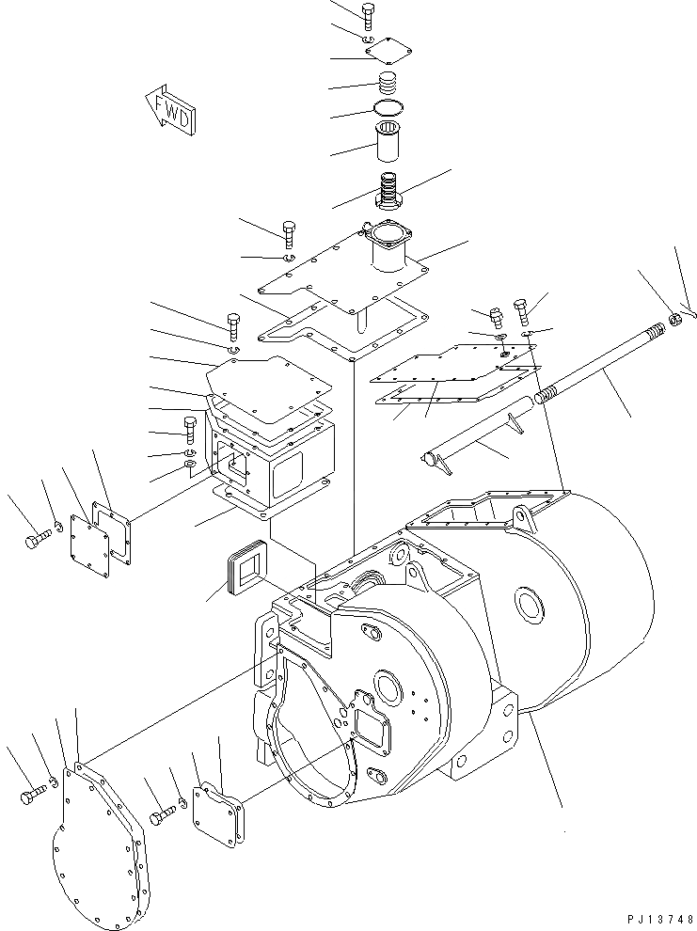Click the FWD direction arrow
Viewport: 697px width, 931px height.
pyautogui.click(x=170, y=107)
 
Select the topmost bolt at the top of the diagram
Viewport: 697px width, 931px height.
pyautogui.click(x=368, y=14)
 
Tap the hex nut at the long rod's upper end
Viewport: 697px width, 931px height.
pyautogui.click(x=673, y=323)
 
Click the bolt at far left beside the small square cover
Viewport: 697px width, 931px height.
pyautogui.click(x=35, y=541)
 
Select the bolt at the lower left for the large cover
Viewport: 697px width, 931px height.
pyautogui.click(x=28, y=797)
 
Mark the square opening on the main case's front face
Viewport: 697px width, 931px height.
pyautogui.click(x=377, y=730)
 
